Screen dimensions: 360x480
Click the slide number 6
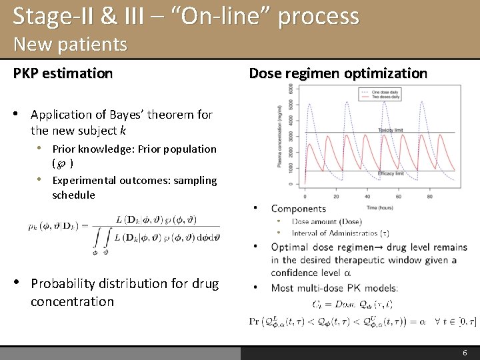(465, 352)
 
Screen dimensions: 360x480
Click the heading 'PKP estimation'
(63, 73)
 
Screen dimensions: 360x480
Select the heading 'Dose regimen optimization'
(338, 73)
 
